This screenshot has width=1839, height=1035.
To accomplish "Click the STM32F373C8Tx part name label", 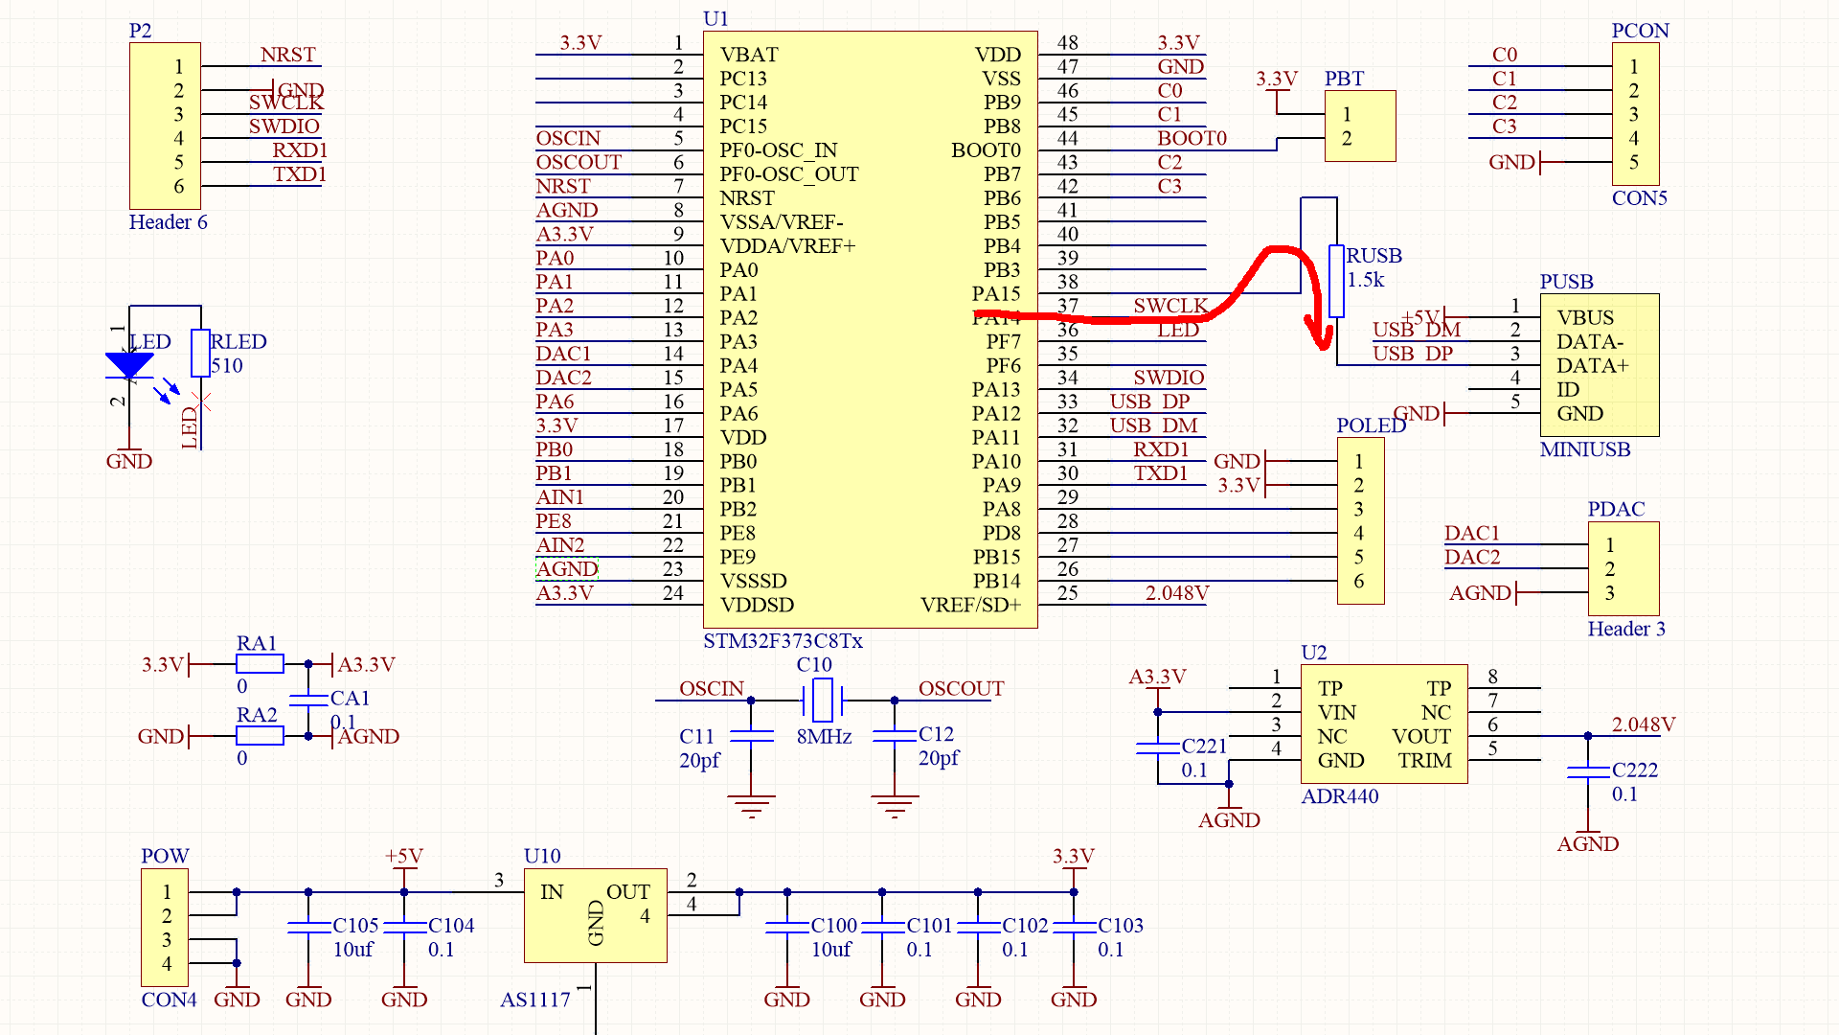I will [783, 641].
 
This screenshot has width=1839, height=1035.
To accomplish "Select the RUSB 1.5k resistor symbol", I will [1336, 281].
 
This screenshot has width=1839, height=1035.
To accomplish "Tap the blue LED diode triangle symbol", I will [129, 365].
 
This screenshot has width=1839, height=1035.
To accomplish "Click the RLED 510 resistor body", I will [200, 353].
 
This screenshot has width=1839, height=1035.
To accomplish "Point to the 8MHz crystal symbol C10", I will [823, 700].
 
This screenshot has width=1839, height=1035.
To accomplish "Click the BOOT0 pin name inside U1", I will [986, 150].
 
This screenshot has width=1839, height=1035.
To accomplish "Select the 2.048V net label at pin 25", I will [1176, 593].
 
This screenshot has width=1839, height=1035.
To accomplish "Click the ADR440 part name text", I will [1339, 796].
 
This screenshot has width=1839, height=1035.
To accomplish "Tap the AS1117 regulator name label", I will [534, 1000].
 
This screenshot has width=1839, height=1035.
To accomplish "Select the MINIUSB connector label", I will [1584, 449].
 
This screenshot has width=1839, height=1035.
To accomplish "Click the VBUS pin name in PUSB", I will [1584, 318].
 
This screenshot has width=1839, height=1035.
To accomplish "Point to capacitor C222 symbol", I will [1587, 771].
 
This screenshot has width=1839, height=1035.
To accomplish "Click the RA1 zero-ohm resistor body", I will [260, 664].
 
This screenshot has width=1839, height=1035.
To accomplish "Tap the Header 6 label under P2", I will [168, 222].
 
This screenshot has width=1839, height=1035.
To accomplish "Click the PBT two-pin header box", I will [1360, 126].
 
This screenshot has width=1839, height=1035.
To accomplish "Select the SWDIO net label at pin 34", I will [1168, 378].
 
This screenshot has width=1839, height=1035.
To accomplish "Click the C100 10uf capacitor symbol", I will [787, 928].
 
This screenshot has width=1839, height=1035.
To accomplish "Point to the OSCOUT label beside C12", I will [961, 689].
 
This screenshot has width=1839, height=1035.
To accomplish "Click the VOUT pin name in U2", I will [1420, 737].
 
